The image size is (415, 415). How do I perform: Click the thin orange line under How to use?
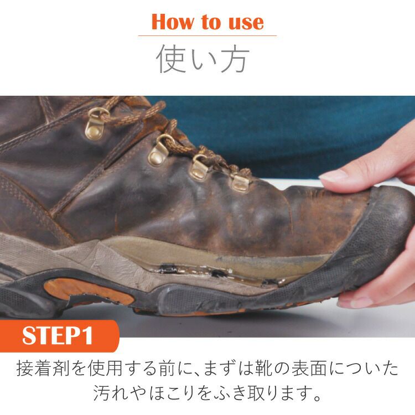(207, 36)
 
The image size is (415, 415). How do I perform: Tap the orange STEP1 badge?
(58, 335)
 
